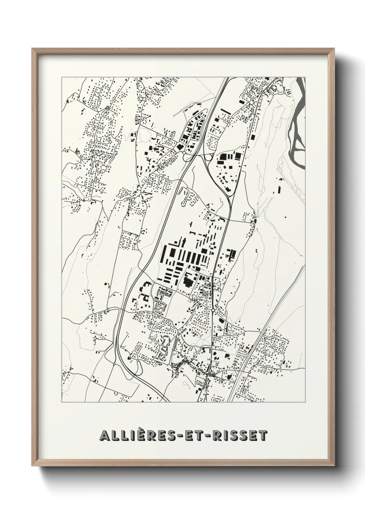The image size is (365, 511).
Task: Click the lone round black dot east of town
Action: pos(285,217)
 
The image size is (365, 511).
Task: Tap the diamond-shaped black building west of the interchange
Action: pos(179,147)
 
